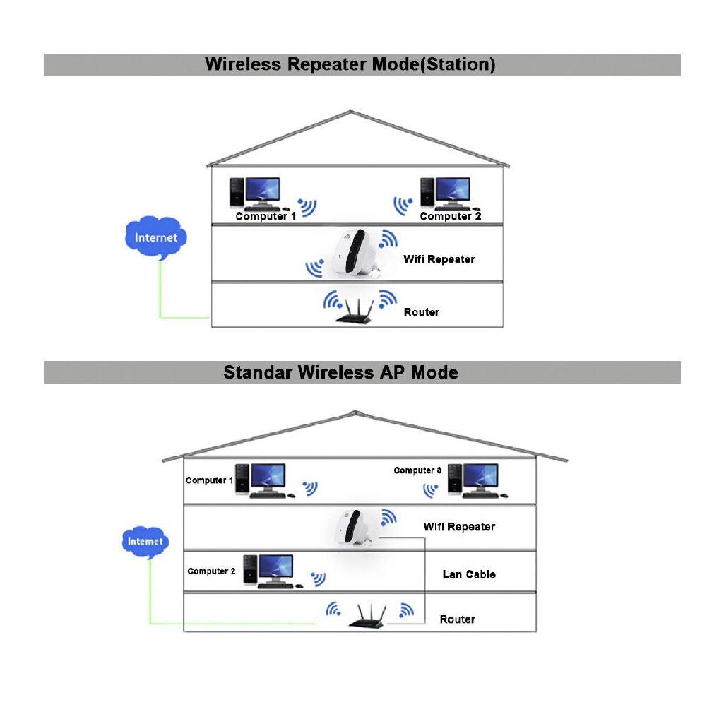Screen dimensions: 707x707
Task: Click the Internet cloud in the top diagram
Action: (x=156, y=238)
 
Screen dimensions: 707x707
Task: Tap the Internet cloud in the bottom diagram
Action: (x=145, y=542)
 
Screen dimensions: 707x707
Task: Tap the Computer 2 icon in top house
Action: (x=445, y=192)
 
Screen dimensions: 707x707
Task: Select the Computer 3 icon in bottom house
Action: (x=473, y=480)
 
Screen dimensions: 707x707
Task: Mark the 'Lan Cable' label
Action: (x=469, y=574)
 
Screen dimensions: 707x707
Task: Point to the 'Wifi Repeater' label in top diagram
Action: (x=439, y=259)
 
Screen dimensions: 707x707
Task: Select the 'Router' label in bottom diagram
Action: (x=457, y=619)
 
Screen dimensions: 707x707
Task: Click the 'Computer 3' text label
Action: (x=417, y=470)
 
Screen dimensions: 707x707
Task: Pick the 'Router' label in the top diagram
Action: (x=421, y=312)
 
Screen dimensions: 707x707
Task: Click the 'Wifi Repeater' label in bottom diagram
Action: (x=459, y=527)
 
